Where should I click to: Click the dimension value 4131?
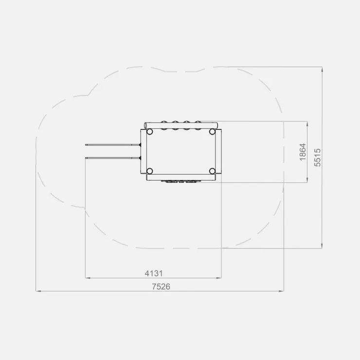click(x=154, y=273)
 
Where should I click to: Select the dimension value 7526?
click(x=161, y=287)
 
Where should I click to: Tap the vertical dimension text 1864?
click(x=303, y=152)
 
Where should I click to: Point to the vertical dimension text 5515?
click(x=317, y=158)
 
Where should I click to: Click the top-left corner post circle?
click(x=149, y=132)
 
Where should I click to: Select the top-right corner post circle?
click(x=212, y=132)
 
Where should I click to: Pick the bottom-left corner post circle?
click(x=149, y=171)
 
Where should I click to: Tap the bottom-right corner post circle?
click(x=212, y=171)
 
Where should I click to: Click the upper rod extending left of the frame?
click(x=113, y=145)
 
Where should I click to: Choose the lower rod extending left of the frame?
click(x=113, y=158)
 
